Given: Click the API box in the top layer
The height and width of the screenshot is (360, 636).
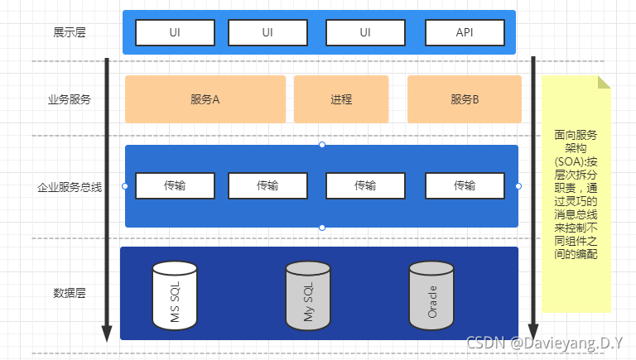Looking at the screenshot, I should pyautogui.click(x=465, y=32).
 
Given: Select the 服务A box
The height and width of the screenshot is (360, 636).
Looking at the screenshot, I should pyautogui.click(x=205, y=99).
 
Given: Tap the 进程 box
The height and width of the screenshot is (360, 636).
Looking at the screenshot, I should pyautogui.click(x=341, y=99).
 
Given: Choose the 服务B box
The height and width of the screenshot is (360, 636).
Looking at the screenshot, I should pyautogui.click(x=465, y=99).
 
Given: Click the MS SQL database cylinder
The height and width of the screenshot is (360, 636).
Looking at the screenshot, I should pyautogui.click(x=175, y=295).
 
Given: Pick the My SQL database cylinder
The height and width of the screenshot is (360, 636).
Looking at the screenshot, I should pyautogui.click(x=307, y=295).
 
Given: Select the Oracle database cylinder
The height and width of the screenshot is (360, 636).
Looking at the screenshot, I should pyautogui.click(x=431, y=295).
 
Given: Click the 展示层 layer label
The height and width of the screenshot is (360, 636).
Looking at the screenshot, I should pyautogui.click(x=70, y=32).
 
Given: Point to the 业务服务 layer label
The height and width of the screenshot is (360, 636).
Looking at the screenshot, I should pyautogui.click(x=70, y=99).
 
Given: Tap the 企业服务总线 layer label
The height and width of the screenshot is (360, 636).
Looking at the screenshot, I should pyautogui.click(x=70, y=187).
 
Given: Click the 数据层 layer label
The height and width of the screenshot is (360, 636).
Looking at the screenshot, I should pyautogui.click(x=70, y=293).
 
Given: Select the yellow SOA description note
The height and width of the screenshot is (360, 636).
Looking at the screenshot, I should pyautogui.click(x=576, y=194).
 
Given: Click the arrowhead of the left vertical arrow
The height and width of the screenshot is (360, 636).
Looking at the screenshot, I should pyautogui.click(x=106, y=334).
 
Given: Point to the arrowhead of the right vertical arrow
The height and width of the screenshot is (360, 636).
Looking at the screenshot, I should pyautogui.click(x=534, y=334).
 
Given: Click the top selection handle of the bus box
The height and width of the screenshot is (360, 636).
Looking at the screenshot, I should pyautogui.click(x=321, y=145).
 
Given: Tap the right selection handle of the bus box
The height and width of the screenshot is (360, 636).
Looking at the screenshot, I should pyautogui.click(x=518, y=186).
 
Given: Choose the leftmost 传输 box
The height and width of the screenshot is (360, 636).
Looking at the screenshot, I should pyautogui.click(x=175, y=186).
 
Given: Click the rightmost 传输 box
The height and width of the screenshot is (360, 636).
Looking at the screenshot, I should pyautogui.click(x=465, y=186).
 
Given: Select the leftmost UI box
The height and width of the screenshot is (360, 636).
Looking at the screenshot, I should pyautogui.click(x=175, y=32).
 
